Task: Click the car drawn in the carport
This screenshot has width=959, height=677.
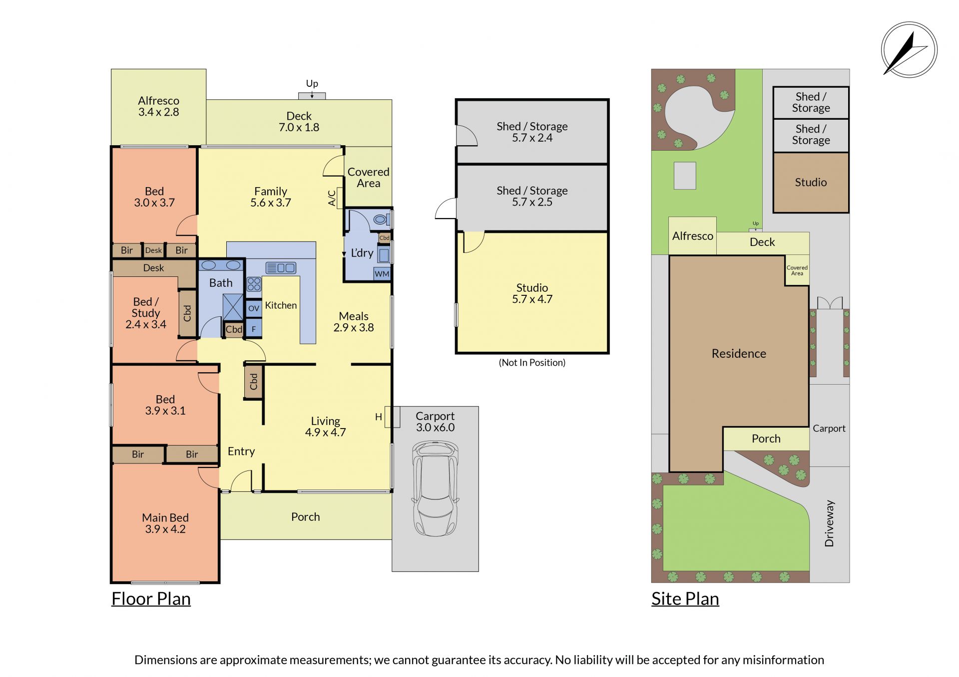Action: pos(435,488)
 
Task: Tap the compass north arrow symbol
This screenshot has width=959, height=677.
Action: pos(909,50)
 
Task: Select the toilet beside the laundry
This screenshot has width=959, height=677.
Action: pos(382,219)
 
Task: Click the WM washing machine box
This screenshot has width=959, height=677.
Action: pos(382,274)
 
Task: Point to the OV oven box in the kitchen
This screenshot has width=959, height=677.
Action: pos(254,308)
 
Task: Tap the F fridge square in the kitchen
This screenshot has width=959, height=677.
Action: pos(254,329)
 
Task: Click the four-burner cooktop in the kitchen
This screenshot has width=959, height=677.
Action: pos(254,284)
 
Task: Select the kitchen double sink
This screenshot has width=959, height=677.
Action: pos(281,268)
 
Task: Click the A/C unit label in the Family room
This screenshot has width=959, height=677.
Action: pos(332,198)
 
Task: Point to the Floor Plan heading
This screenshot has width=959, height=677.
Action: pos(151,599)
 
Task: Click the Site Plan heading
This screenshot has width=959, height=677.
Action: pos(685,599)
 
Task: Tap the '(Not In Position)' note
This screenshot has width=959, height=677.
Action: pos(532,363)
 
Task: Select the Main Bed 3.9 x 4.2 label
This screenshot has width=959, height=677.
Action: pos(165,523)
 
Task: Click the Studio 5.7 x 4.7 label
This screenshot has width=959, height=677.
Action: pos(532,293)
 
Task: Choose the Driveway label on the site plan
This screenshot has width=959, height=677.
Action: pos(829,523)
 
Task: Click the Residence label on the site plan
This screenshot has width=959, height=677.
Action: pos(739,353)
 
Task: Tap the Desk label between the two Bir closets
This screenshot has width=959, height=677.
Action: pos(153,250)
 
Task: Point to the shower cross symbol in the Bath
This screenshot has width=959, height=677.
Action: pos(233,307)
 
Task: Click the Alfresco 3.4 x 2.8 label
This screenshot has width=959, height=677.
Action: pos(159,106)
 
